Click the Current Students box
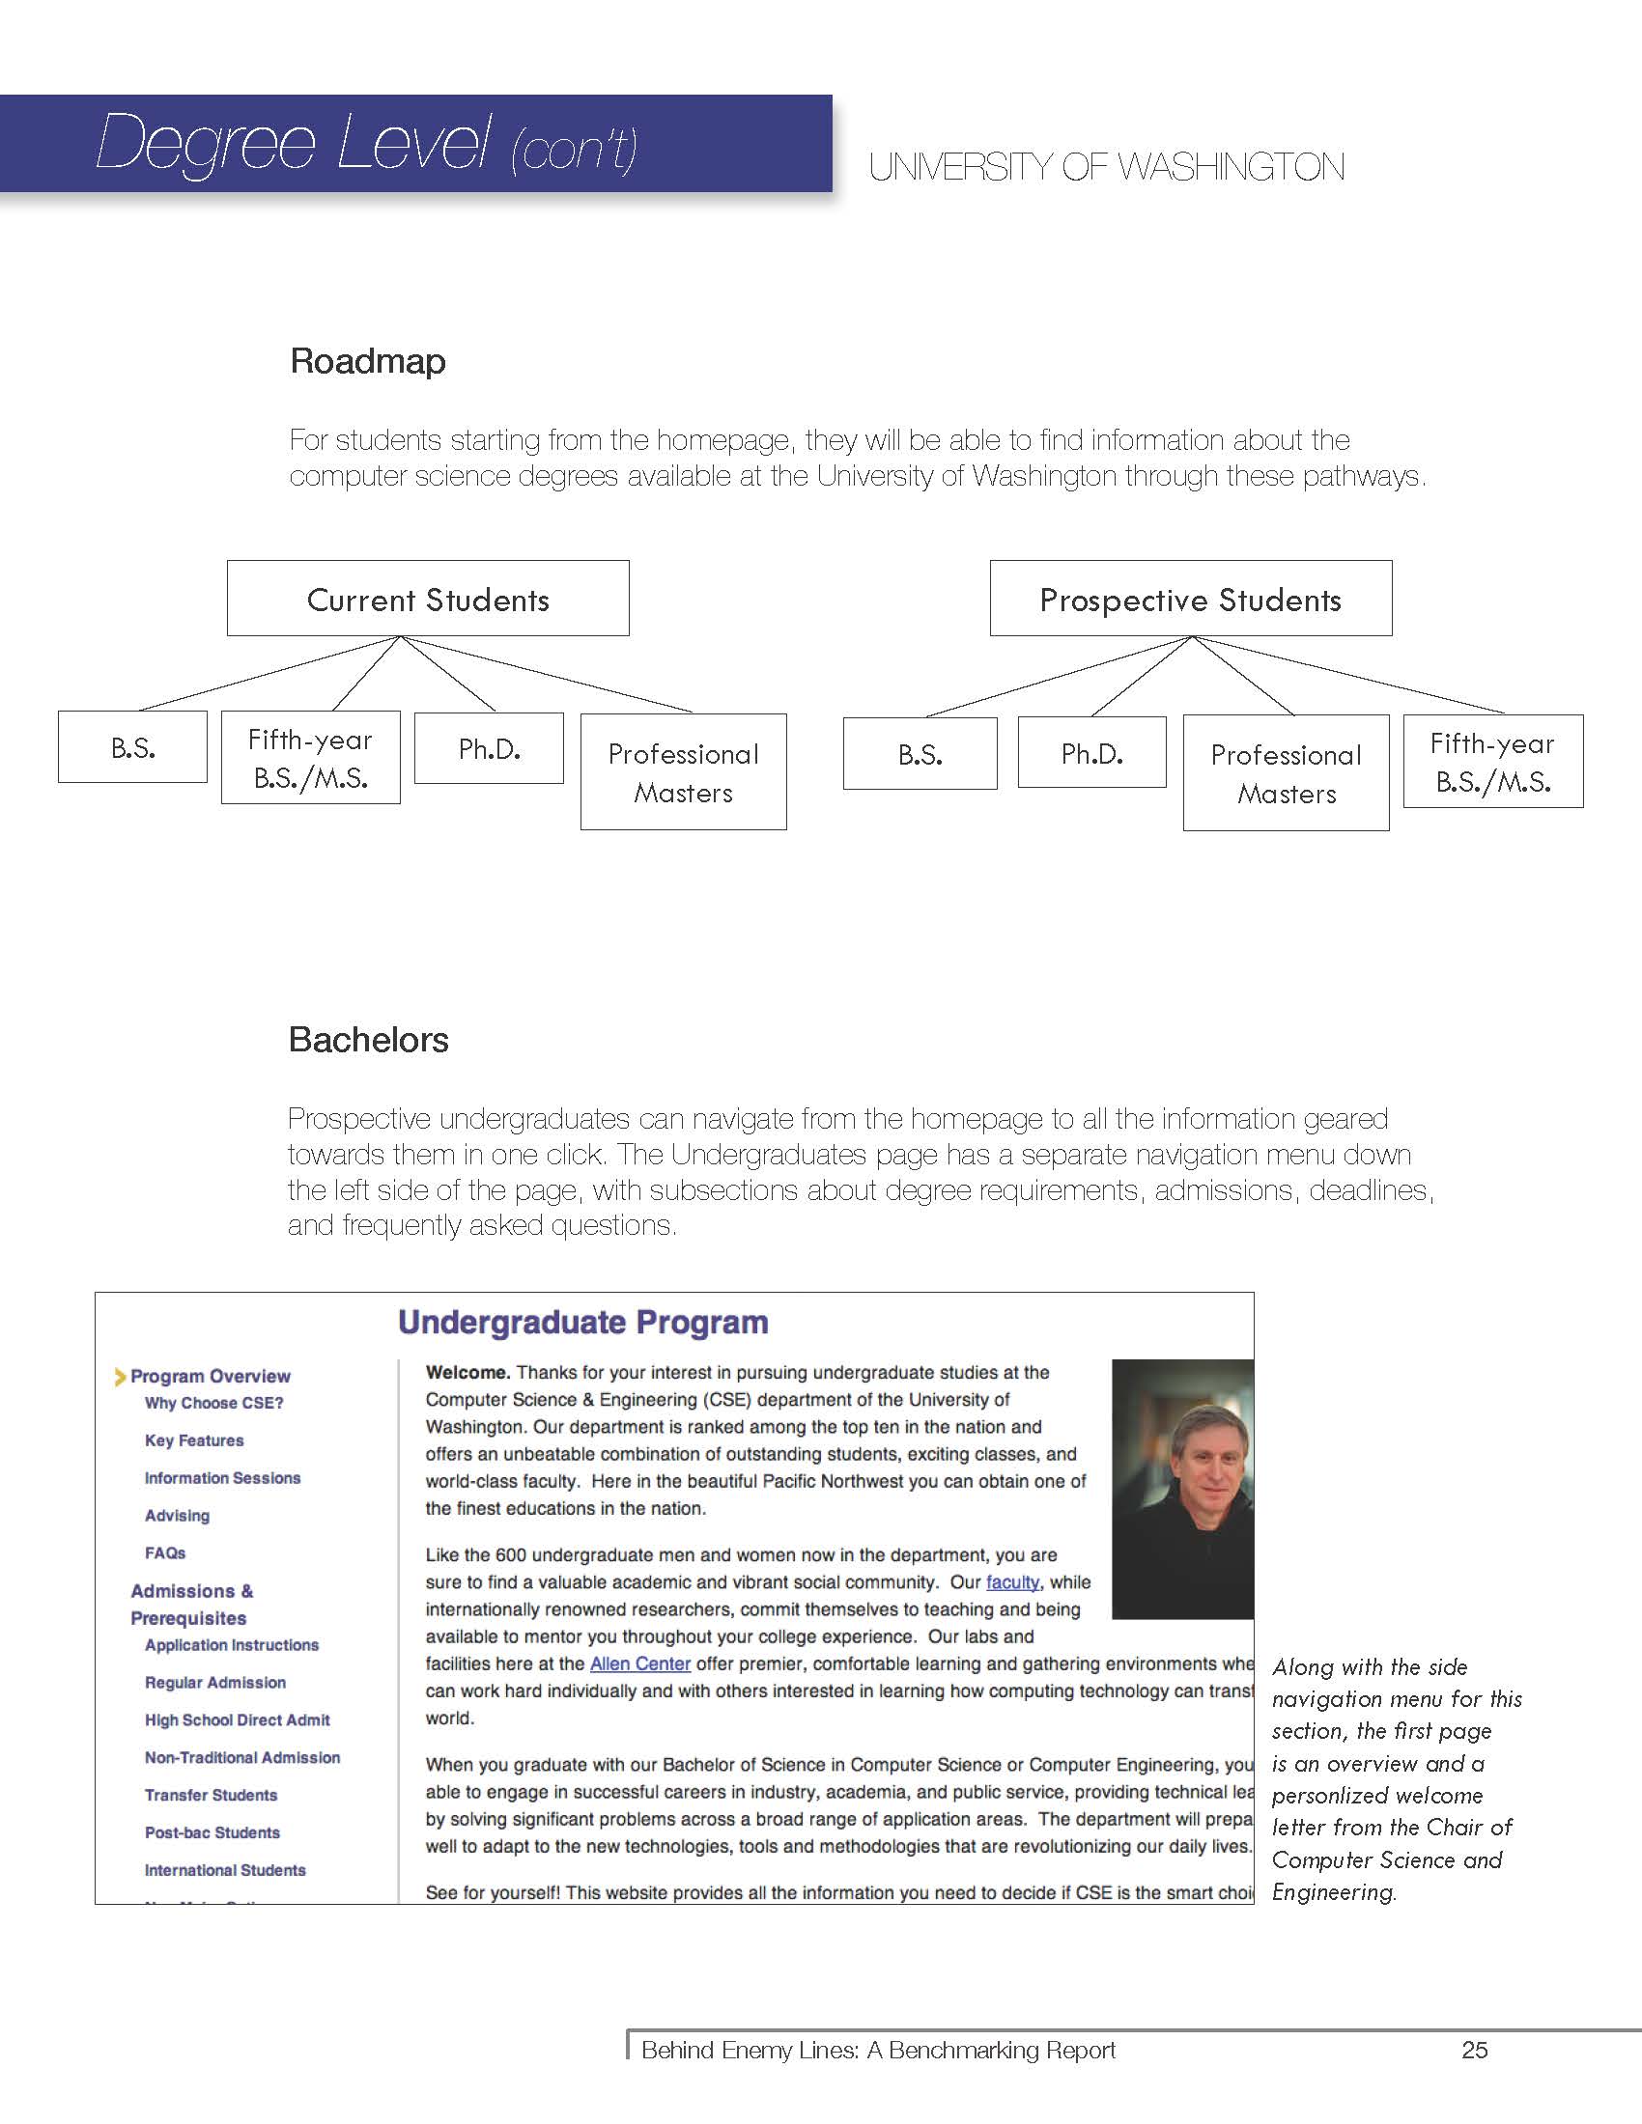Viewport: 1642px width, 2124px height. click(x=428, y=600)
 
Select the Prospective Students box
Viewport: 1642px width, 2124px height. click(x=1191, y=600)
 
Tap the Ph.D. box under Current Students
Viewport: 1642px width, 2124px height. click(x=490, y=749)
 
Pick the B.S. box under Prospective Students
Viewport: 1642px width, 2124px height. click(x=920, y=754)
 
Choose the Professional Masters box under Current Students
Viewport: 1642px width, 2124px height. click(x=683, y=772)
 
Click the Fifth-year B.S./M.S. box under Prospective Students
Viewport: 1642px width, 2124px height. click(x=1492, y=762)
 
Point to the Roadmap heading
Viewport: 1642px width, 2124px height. click(x=368, y=362)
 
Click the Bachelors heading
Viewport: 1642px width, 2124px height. click(x=369, y=1040)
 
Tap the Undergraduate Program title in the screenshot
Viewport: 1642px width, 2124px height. click(x=582, y=1323)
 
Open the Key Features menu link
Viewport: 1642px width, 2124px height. click(x=194, y=1440)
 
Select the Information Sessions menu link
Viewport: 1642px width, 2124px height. click(x=223, y=1478)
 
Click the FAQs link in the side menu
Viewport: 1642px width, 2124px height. click(x=165, y=1553)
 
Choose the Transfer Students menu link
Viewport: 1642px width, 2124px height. click(x=212, y=1796)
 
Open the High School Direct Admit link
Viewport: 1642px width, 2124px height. click(x=238, y=1719)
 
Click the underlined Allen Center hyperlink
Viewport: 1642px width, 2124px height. click(x=640, y=1664)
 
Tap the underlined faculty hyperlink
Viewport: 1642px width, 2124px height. click(x=1012, y=1582)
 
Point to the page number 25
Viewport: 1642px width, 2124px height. click(x=1474, y=2050)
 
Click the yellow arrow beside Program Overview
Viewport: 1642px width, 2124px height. click(x=121, y=1376)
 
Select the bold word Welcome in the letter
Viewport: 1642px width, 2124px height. click(x=467, y=1372)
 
